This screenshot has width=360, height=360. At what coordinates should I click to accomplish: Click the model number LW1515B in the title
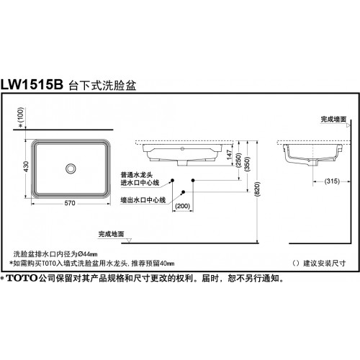[32, 84]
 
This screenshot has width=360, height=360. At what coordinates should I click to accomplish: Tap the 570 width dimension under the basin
[70, 203]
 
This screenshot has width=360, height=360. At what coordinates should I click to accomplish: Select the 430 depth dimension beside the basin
[27, 166]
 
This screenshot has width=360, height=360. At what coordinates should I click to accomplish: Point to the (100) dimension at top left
[21, 115]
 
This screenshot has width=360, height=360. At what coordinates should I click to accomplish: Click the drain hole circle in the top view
[71, 168]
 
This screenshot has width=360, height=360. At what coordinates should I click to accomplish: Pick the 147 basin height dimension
[230, 155]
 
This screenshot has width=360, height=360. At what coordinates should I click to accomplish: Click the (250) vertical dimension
[238, 160]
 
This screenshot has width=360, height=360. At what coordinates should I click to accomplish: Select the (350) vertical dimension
[248, 164]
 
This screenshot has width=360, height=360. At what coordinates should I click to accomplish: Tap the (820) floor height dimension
[257, 189]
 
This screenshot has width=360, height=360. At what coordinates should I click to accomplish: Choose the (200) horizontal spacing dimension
[183, 206]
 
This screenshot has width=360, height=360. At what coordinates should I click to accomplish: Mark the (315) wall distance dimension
[332, 181]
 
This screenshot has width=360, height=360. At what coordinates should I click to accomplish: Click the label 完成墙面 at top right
[333, 120]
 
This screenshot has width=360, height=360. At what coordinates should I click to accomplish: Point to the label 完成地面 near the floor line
[111, 234]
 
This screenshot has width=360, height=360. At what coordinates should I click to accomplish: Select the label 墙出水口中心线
[143, 199]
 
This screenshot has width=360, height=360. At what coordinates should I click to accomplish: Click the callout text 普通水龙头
[137, 175]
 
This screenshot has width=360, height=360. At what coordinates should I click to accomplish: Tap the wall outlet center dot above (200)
[184, 192]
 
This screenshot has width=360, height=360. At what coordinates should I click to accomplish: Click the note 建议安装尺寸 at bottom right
[325, 264]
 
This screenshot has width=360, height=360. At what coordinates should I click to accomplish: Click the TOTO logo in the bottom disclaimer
[22, 278]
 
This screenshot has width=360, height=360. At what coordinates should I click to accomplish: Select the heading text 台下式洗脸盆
[102, 86]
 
